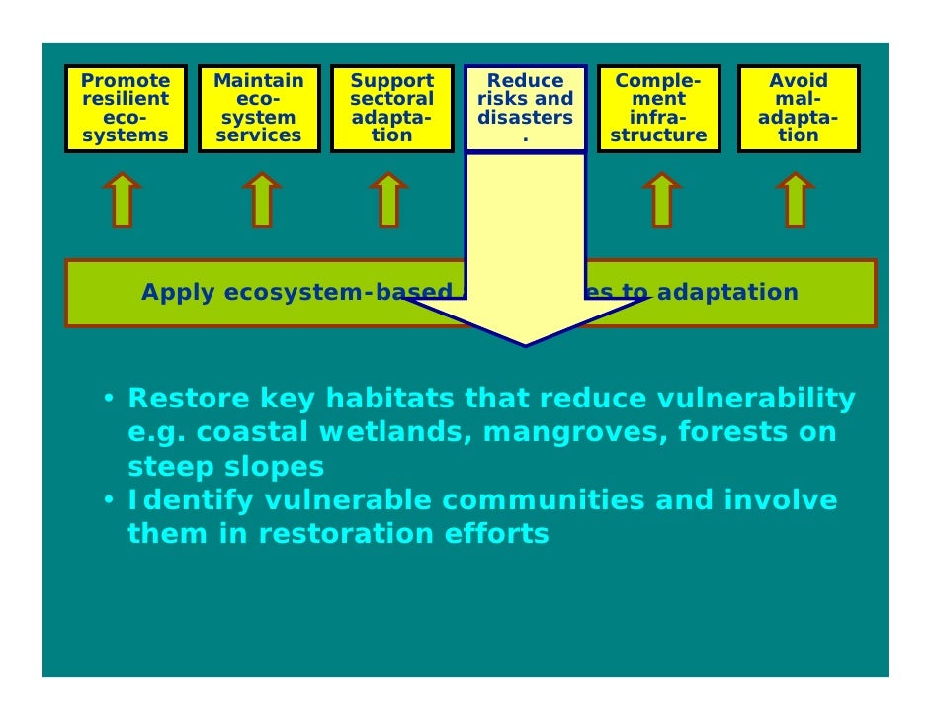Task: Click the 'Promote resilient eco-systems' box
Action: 126,108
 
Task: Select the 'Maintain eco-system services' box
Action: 259,108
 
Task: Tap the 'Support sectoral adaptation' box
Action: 391,108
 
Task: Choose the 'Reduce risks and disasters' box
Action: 525,108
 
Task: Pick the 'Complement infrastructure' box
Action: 658,108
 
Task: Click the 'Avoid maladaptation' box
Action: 798,108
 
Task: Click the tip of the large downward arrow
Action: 524,343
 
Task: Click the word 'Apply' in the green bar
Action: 178,293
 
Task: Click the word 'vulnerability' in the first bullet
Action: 754,400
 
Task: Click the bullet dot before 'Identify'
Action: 113,500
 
